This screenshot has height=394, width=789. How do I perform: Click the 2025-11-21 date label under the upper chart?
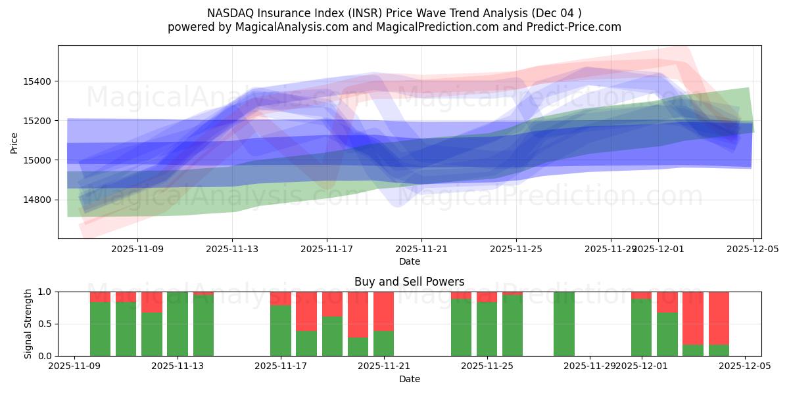(x=421, y=250)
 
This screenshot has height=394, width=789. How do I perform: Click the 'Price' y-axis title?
(x=14, y=142)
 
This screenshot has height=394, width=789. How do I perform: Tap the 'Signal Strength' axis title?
(x=28, y=324)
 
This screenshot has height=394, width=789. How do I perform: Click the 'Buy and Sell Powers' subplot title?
(x=409, y=282)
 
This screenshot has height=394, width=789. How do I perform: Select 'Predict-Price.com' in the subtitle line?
(x=569, y=27)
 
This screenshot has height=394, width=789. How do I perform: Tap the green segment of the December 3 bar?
(x=693, y=350)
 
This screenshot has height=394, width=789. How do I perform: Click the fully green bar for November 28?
(x=564, y=324)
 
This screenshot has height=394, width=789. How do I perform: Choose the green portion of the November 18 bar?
(x=306, y=343)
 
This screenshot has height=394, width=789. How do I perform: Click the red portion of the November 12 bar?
(x=152, y=301)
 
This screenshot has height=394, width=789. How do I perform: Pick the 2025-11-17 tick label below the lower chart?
(x=281, y=366)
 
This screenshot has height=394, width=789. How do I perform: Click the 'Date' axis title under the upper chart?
(x=409, y=261)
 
